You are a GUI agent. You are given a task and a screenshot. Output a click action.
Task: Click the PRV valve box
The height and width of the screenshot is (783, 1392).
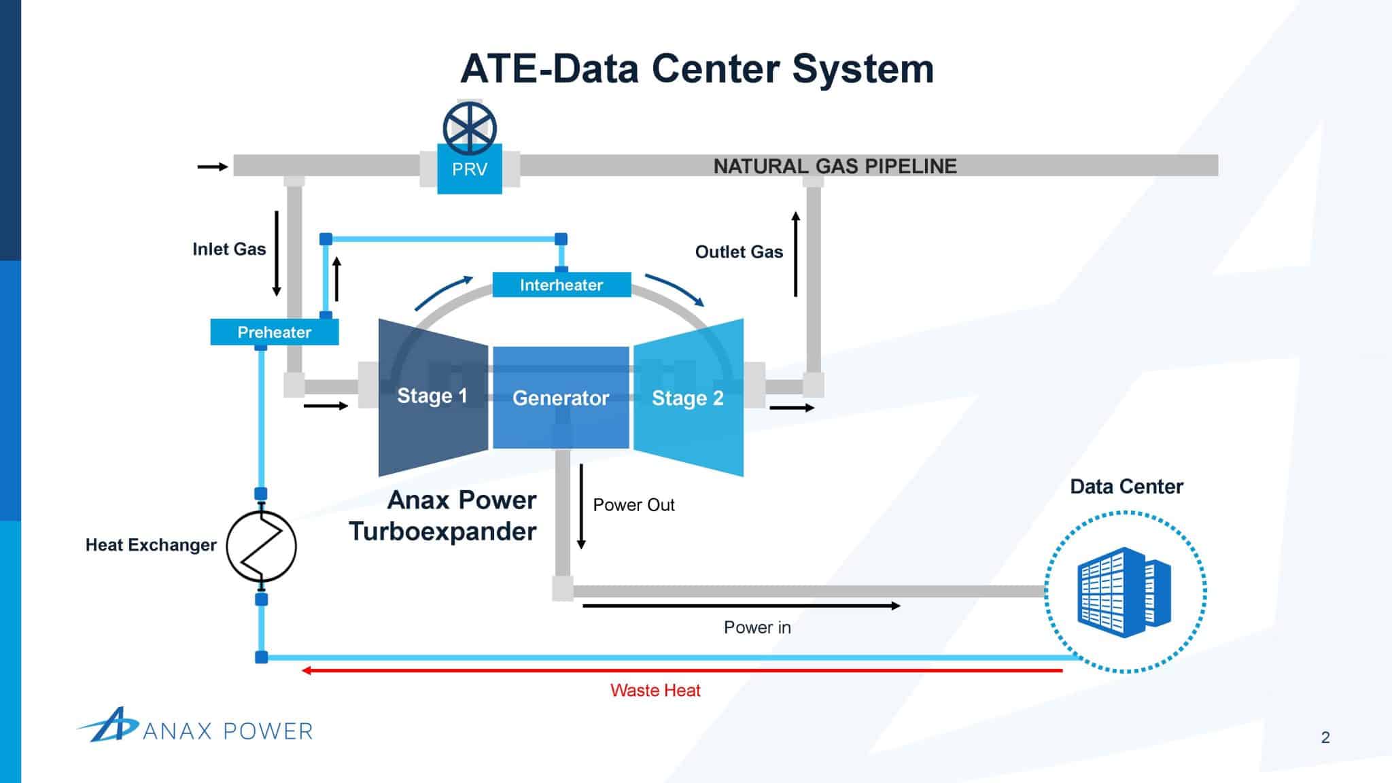click(469, 169)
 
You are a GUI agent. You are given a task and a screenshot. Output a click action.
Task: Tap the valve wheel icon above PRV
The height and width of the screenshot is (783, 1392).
click(470, 128)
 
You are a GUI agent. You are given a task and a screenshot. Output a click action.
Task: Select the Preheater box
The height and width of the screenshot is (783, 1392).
click(274, 332)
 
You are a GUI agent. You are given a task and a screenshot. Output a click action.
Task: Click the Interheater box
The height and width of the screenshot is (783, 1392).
click(561, 285)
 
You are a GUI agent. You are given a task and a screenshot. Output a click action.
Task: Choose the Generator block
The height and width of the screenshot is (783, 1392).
click(561, 398)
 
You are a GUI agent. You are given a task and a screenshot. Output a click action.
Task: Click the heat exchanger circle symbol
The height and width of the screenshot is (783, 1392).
click(261, 546)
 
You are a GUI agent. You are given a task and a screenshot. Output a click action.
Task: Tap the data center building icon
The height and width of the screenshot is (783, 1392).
click(1124, 592)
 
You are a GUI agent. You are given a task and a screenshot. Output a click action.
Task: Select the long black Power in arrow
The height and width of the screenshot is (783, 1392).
click(741, 606)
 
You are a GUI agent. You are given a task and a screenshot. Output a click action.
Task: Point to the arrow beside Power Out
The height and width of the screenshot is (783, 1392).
click(581, 506)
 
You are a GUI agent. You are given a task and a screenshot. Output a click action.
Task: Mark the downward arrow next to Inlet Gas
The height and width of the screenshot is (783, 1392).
click(277, 254)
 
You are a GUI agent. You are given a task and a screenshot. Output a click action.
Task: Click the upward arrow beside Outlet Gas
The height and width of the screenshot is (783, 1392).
click(795, 254)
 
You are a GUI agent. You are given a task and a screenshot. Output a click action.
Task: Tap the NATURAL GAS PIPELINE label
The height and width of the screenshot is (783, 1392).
click(835, 167)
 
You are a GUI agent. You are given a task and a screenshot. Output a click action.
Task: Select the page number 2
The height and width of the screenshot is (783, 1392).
click(1325, 737)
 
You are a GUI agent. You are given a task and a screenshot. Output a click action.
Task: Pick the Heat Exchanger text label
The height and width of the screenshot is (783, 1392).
click(151, 545)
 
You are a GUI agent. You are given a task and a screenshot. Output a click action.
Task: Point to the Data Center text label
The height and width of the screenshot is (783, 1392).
click(1126, 487)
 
